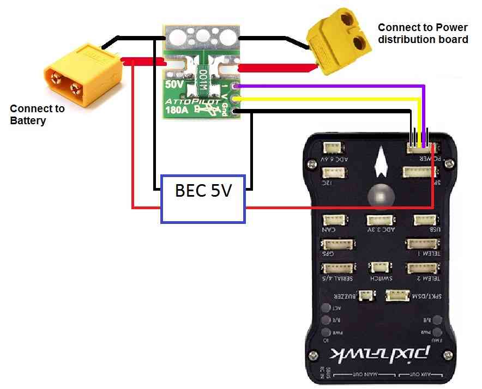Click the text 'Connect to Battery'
coord(37,114)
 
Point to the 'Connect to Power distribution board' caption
coord(423,33)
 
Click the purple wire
coord(327,86)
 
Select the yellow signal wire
coord(327,99)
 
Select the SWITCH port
coord(378,268)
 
